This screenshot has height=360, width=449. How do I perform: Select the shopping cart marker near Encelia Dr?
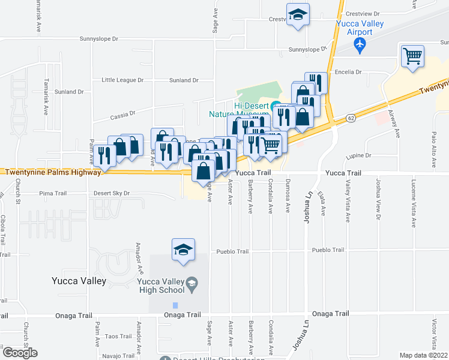[412, 57]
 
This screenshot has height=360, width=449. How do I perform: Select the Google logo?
[20, 353]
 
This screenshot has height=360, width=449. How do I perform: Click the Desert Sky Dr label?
[112, 193]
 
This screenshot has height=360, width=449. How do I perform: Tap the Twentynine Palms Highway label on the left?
[53, 172]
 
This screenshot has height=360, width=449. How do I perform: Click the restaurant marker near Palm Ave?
[105, 157]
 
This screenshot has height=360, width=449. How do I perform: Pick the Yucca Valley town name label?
[79, 281]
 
